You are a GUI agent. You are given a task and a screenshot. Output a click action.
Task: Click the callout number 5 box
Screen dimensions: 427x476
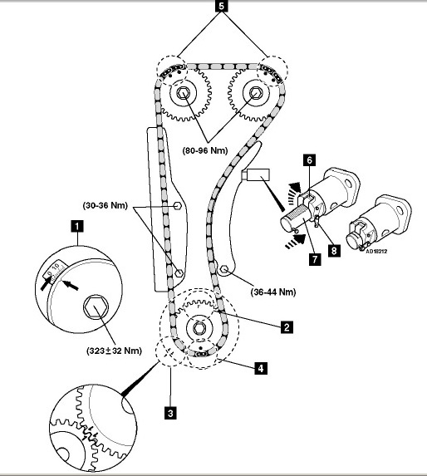coord(221,6)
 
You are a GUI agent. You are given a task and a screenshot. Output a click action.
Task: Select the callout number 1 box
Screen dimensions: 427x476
coord(76,226)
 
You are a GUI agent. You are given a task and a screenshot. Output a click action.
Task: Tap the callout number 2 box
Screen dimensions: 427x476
coord(287,327)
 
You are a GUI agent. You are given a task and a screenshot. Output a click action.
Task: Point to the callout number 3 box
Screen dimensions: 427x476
coord(170,413)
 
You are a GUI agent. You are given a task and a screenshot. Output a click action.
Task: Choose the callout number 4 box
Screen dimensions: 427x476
coord(261,368)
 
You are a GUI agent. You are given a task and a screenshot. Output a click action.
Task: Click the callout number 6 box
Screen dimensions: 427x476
coord(309,160)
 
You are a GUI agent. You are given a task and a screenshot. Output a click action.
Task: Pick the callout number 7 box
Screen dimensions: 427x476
coord(315,259)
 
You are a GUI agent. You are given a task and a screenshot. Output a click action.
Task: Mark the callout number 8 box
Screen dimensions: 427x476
coord(334,251)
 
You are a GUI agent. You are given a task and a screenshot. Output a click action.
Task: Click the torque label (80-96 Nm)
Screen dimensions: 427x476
coord(205,150)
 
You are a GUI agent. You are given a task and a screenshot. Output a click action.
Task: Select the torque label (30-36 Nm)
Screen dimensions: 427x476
coord(106,205)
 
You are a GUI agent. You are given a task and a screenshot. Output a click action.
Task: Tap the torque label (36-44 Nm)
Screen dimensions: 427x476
coord(273,292)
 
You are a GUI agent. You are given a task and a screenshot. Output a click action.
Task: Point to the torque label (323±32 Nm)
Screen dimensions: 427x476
coord(114,351)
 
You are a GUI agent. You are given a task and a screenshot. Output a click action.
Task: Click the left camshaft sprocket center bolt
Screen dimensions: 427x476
coord(183,93)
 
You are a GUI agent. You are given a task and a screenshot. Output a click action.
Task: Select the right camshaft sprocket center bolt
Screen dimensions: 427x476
coord(255,93)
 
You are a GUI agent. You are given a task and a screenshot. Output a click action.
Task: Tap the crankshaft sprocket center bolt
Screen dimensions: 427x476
coord(199,328)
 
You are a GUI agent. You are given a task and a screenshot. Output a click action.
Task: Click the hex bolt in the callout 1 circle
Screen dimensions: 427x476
coord(96,307)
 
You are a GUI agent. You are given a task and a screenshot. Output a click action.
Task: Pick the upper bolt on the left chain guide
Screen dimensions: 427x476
coord(178,206)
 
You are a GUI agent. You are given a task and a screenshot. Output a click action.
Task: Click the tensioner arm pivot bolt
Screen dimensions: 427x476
coord(224,269)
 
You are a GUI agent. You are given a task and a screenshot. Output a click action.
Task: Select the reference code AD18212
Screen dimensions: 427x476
coord(376,252)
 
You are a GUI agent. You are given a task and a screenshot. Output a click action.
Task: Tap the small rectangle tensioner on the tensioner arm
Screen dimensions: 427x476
coord(258,174)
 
